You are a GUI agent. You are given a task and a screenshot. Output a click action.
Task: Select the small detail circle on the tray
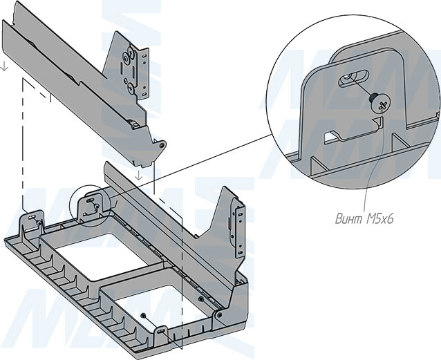coord(89,205)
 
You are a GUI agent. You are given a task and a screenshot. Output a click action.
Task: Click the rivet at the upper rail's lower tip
coord(163,146)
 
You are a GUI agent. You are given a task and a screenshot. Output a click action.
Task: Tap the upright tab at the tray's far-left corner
coord(32,220)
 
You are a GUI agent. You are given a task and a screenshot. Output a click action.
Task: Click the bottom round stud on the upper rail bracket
coord(130,88)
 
